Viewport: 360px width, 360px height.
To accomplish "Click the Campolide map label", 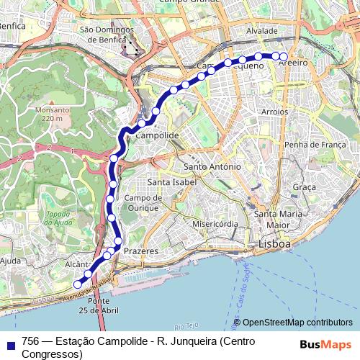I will click(x=157, y=135).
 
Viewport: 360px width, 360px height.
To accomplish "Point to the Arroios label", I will click(x=274, y=112).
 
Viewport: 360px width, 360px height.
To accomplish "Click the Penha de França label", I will click(x=310, y=145).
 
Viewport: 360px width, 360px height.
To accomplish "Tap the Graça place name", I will click(x=305, y=186).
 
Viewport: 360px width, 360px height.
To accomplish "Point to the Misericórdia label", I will click(x=215, y=224).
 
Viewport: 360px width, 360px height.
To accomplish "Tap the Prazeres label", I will click(x=140, y=250).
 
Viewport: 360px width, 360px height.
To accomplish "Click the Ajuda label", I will click(x=11, y=260).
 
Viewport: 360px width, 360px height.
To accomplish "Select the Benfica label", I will click(x=13, y=26).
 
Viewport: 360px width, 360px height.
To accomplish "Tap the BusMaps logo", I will click(x=325, y=343).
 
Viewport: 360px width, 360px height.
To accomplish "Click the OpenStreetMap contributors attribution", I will click(x=297, y=323).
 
